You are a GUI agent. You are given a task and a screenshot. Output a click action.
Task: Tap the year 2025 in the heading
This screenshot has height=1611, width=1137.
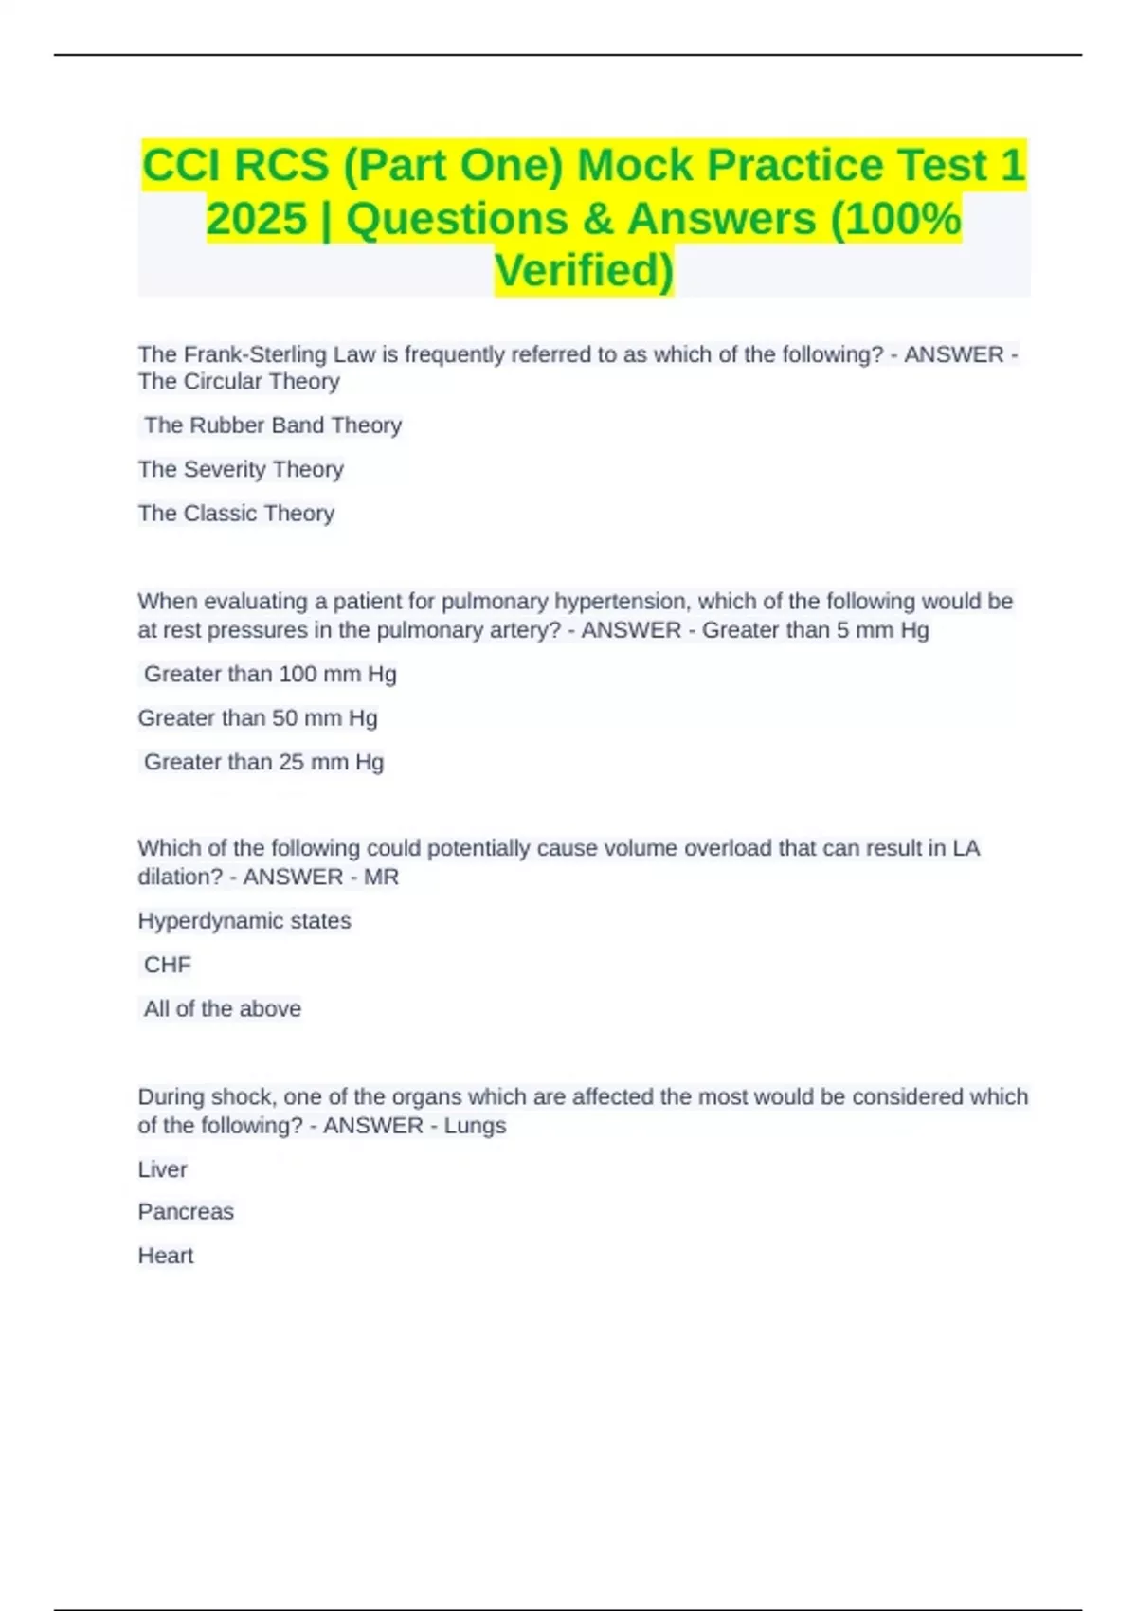(x=257, y=219)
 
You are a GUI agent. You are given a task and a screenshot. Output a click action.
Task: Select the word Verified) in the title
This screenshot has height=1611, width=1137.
(x=584, y=270)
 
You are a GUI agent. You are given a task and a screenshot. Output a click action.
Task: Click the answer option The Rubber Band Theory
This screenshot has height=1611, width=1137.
(x=273, y=425)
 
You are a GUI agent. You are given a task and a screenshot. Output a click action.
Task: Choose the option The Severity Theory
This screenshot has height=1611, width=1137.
(x=241, y=469)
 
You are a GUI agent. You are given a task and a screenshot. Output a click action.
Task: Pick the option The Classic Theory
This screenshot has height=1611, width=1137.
(x=236, y=514)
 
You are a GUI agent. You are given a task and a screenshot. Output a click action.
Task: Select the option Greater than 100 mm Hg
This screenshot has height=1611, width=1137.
(x=270, y=675)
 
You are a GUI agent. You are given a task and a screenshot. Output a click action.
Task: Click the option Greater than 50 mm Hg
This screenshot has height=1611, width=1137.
(x=258, y=718)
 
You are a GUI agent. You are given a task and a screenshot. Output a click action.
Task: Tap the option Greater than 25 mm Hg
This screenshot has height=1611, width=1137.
(x=263, y=762)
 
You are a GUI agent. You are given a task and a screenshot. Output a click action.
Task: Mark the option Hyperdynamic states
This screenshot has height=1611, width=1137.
(x=244, y=921)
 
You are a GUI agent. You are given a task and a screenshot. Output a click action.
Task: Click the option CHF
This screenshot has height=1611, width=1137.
(x=168, y=965)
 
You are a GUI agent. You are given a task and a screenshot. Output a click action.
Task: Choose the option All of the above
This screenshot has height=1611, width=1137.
(x=223, y=1009)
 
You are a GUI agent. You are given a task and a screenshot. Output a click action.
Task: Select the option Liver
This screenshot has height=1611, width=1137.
(x=162, y=1169)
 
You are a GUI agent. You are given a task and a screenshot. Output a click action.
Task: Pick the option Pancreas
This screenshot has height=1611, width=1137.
(x=186, y=1212)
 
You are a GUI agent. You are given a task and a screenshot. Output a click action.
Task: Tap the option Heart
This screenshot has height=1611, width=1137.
(x=166, y=1256)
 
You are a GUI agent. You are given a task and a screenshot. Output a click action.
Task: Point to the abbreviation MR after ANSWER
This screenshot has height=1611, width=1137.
(x=381, y=878)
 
